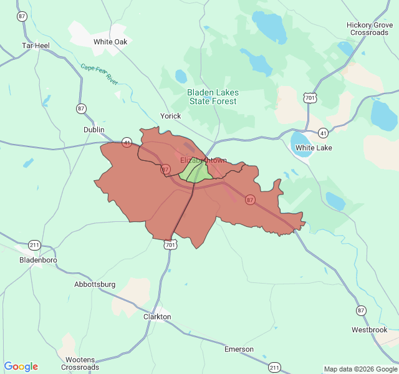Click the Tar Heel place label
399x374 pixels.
click(x=36, y=46)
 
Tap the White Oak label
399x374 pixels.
click(x=110, y=42)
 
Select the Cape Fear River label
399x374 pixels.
click(x=99, y=74)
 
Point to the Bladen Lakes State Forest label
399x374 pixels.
click(x=213, y=97)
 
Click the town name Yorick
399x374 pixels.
click(x=170, y=116)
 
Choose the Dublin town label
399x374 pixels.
click(x=94, y=130)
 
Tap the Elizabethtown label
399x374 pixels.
click(x=203, y=160)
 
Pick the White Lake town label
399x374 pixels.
click(x=314, y=148)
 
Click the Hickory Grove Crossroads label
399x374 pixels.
click(x=369, y=29)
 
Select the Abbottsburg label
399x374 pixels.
click(x=95, y=284)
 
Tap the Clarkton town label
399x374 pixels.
click(x=157, y=317)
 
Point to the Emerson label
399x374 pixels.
click(x=239, y=349)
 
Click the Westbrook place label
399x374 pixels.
click(x=369, y=329)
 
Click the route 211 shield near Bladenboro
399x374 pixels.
click(x=35, y=244)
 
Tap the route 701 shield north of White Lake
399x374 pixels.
click(x=310, y=98)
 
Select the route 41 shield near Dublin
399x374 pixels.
click(x=127, y=141)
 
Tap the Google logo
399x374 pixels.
click(x=21, y=367)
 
